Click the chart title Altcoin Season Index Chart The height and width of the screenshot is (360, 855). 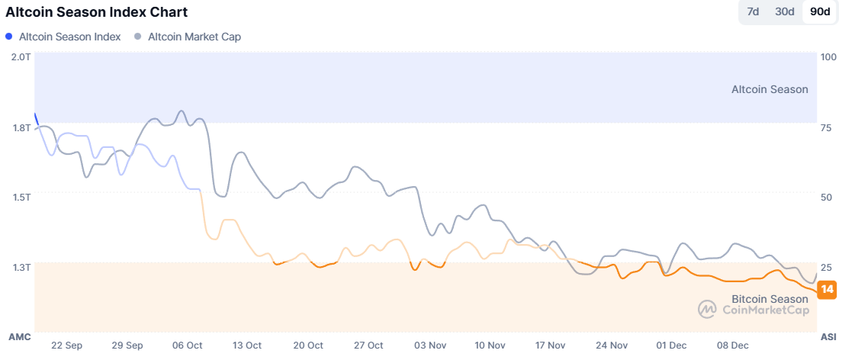click(x=97, y=12)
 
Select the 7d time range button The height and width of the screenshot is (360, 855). click(x=753, y=11)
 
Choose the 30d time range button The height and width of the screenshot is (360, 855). click(x=785, y=11)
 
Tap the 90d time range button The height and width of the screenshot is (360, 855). click(x=821, y=11)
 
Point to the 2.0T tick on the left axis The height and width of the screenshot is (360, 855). click(x=21, y=57)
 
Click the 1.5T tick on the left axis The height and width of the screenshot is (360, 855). click(x=21, y=197)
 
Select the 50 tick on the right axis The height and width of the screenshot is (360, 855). click(x=826, y=197)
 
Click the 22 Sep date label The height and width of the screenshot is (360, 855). click(x=67, y=346)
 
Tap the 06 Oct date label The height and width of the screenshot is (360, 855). click(x=188, y=346)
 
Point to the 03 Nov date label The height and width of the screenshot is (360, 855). click(x=430, y=346)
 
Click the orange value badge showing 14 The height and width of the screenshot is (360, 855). click(x=826, y=289)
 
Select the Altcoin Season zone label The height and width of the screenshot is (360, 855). click(x=769, y=89)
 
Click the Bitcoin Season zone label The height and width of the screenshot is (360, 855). click(x=769, y=299)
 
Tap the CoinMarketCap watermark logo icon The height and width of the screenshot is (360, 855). click(x=707, y=309)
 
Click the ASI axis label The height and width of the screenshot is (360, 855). click(x=828, y=336)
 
